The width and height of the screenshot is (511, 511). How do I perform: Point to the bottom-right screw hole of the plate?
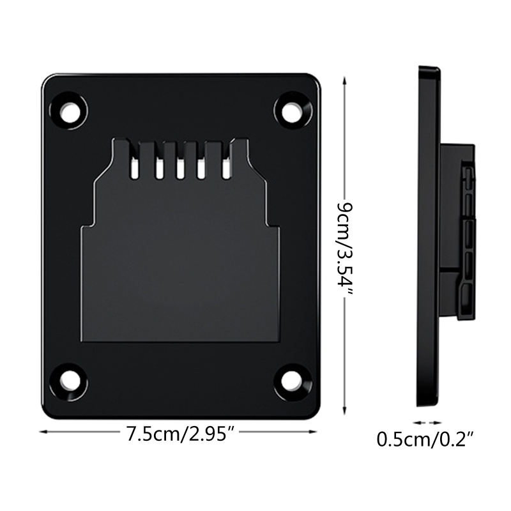click(292, 381)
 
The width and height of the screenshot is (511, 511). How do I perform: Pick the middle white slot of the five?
click(180, 168)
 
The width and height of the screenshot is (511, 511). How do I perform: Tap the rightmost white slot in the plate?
click(225, 167)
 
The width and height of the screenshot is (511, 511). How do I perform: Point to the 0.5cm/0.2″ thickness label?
click(425, 440)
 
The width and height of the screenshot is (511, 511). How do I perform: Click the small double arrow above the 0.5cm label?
click(426, 422)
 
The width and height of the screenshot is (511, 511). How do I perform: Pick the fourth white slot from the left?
click(202, 168)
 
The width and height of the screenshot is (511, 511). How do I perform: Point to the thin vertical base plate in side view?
click(428, 236)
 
